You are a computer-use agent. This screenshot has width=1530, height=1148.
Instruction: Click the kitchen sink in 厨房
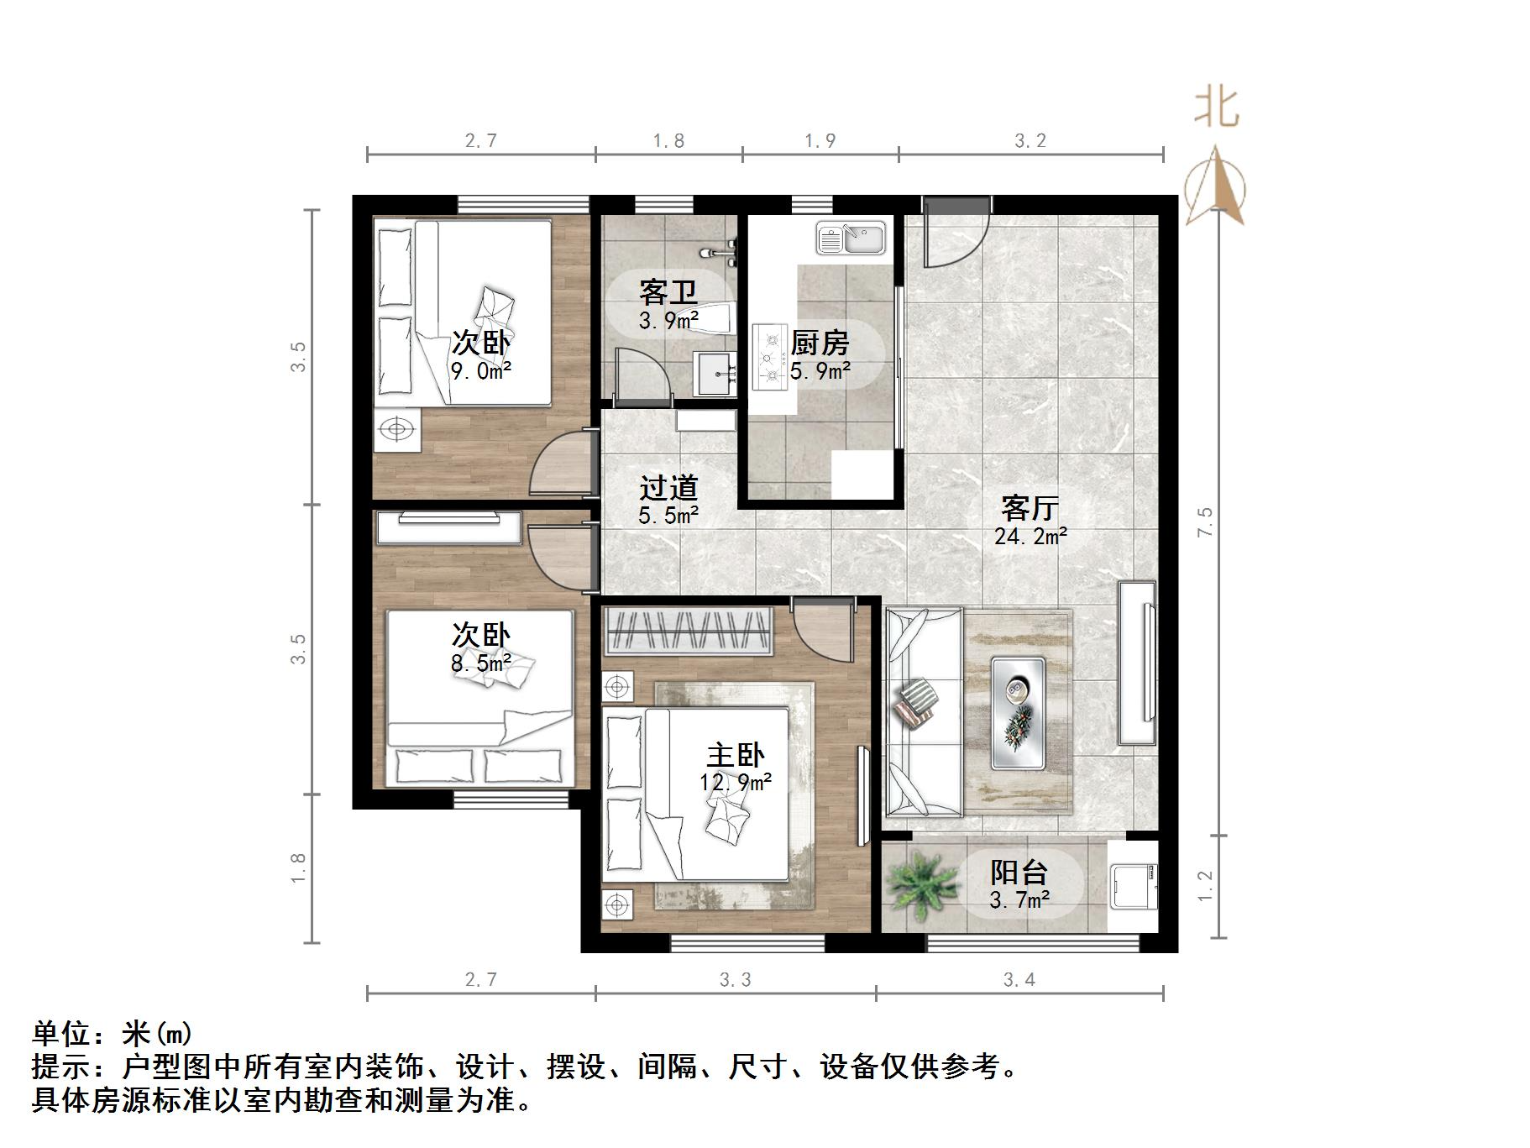tap(851, 238)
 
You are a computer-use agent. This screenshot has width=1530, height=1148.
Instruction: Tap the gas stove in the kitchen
tap(768, 357)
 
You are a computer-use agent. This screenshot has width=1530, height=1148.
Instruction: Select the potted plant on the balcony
tap(919, 884)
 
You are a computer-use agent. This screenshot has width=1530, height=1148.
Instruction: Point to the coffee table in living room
tap(1018, 713)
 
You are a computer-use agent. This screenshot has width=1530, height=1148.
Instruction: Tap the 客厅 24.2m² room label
tap(1030, 522)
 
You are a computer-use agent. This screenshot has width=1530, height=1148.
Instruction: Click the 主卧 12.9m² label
tap(736, 768)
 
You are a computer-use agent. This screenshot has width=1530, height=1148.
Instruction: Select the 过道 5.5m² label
tap(668, 501)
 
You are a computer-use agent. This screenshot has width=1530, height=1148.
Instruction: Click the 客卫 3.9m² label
tap(668, 305)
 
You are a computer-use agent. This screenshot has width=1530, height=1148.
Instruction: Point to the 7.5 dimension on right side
tap(1205, 522)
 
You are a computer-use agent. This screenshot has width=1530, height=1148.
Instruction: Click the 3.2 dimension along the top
tap(1030, 141)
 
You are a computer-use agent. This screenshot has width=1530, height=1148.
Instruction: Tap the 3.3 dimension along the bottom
tap(736, 979)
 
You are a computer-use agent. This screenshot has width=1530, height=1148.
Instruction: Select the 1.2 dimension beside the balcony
tap(1205, 886)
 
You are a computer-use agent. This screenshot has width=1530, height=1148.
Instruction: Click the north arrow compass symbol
tap(1215, 186)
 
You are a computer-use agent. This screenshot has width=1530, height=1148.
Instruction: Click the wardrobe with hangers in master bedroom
tap(687, 632)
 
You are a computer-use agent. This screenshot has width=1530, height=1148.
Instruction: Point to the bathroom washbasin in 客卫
tap(715, 374)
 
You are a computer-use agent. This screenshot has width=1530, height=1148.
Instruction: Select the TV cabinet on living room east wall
tap(1136, 663)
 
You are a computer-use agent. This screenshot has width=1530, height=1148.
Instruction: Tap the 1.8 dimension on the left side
tap(298, 868)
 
